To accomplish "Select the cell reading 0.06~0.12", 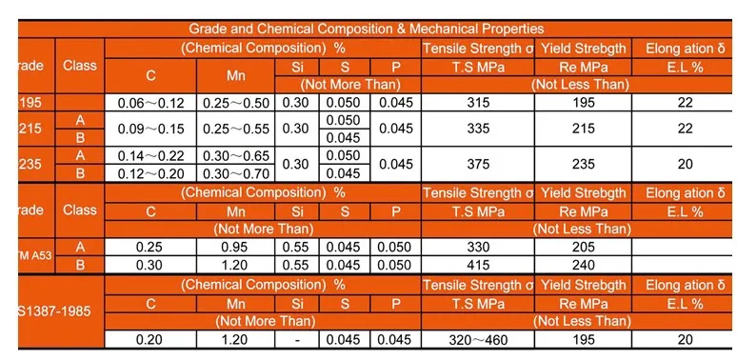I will click(x=149, y=102).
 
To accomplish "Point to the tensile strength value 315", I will click(x=473, y=102).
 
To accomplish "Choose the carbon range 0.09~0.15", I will click(x=149, y=129).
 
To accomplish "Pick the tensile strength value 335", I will click(x=473, y=129).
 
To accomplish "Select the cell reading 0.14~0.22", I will click(x=149, y=155).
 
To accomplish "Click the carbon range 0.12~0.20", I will click(x=149, y=173).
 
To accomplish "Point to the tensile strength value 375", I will click(x=473, y=164).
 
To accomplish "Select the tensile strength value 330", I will click(x=473, y=247).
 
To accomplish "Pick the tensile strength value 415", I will click(x=473, y=265).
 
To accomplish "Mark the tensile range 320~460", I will click(x=473, y=339).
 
